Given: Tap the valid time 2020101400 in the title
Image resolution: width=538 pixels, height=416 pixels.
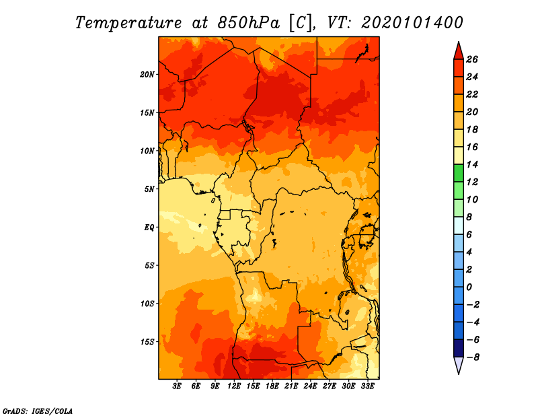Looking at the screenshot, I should click(x=412, y=22).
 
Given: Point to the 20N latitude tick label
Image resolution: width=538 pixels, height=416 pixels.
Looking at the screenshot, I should click(x=147, y=74).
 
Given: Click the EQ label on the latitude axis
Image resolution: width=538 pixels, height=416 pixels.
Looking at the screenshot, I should click(x=149, y=227).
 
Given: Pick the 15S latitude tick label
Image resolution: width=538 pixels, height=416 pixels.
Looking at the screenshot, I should click(x=147, y=341).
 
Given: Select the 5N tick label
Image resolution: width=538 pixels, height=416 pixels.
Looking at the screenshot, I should click(x=149, y=188).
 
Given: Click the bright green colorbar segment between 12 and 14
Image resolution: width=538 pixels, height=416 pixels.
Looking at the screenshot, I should click(x=458, y=173).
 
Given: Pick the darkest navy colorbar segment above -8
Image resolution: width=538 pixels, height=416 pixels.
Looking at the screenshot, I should click(x=458, y=348).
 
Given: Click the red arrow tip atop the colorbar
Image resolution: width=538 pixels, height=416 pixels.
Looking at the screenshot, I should click(x=458, y=50).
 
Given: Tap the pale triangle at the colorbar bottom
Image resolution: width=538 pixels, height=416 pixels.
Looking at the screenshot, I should click(x=458, y=364).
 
